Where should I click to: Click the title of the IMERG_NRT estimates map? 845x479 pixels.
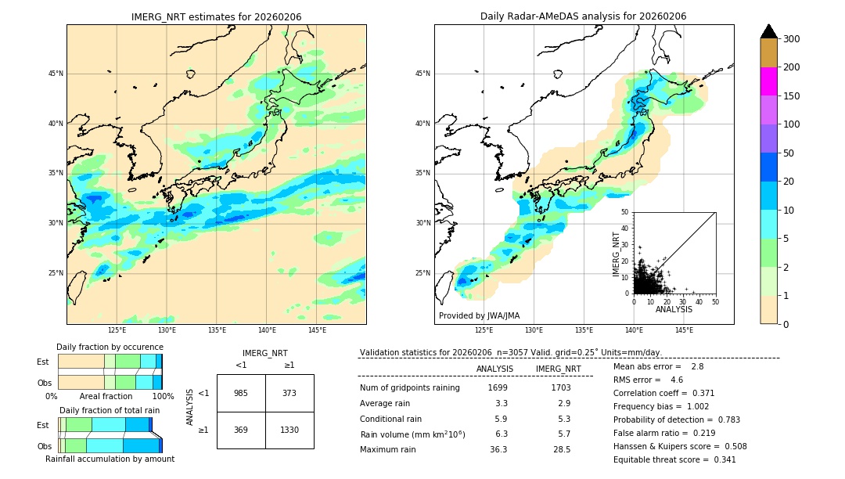point(216,17)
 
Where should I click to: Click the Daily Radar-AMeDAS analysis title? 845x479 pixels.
point(583,17)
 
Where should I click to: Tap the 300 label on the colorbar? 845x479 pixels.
point(791,39)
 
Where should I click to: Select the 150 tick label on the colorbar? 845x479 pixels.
point(791,96)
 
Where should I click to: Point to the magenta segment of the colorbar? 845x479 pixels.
point(768,81)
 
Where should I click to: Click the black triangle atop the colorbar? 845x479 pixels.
point(768,31)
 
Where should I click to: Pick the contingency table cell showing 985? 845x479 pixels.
point(241,393)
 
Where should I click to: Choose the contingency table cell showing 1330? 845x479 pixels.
point(289,430)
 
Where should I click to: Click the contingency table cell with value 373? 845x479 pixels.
point(289,393)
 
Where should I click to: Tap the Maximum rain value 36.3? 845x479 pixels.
point(498,449)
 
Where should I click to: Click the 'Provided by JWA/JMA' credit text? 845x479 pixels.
point(479,316)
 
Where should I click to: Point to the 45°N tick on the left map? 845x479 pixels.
point(56,74)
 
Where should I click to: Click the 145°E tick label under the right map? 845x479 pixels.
point(684,331)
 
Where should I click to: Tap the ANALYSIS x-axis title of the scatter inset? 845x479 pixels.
point(674,309)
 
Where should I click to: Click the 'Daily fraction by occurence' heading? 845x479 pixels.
point(110,348)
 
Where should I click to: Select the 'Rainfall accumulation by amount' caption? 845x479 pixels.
point(110,459)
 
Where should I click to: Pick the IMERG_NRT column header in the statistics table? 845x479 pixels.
point(558,369)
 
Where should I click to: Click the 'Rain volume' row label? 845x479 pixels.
point(412,434)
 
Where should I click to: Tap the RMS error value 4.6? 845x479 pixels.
point(678,380)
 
